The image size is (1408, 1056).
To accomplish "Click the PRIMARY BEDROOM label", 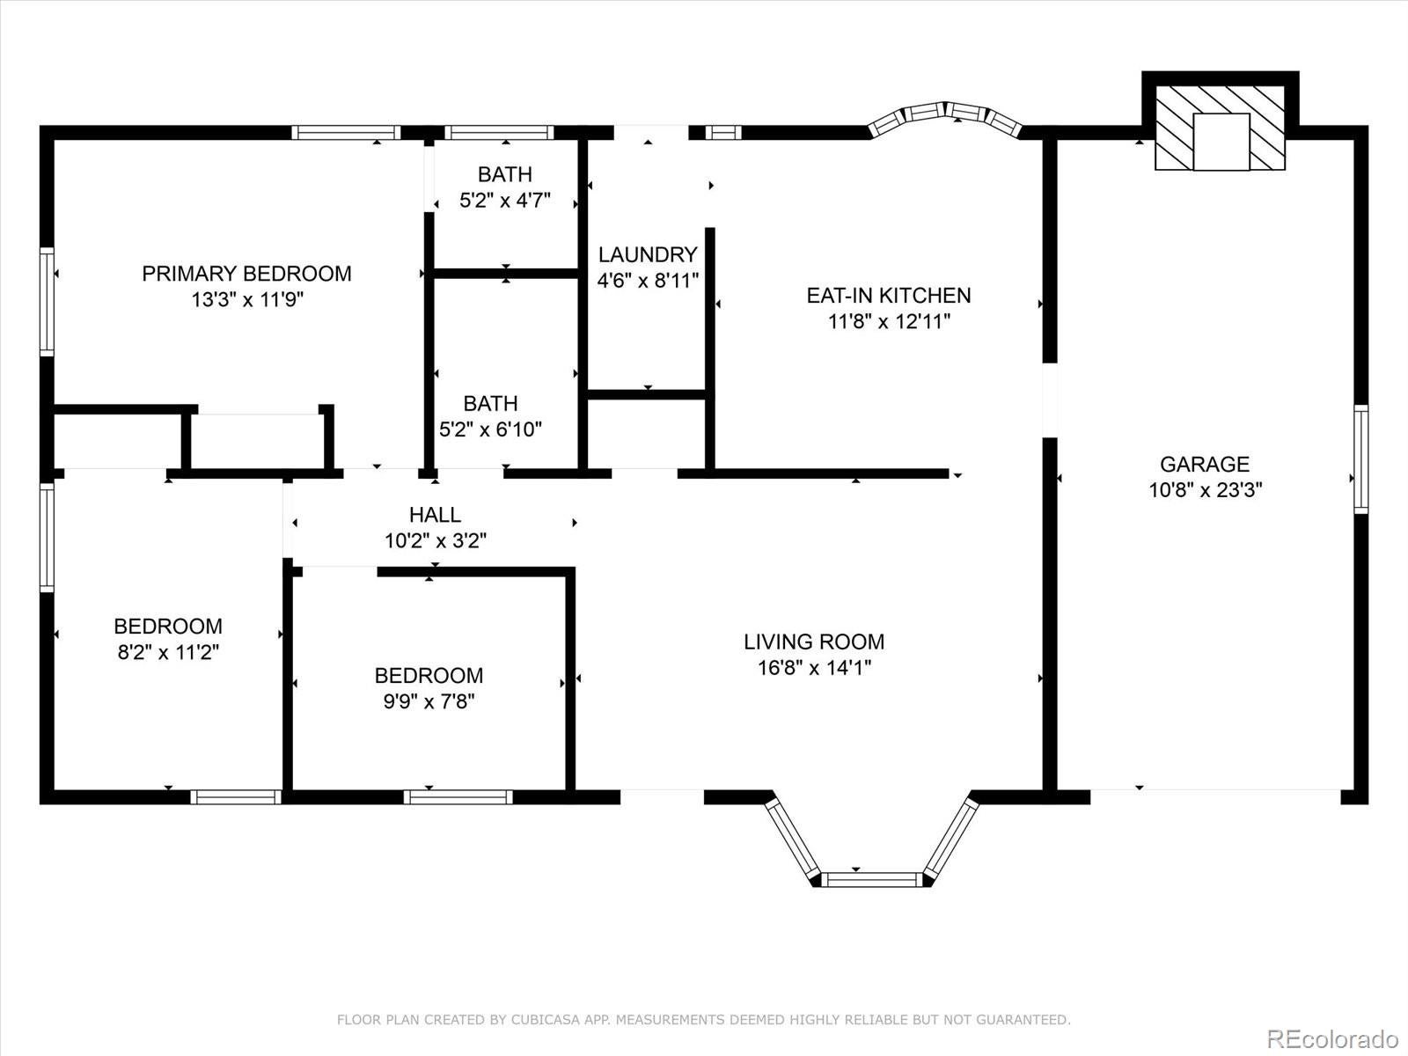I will pyautogui.click(x=246, y=274).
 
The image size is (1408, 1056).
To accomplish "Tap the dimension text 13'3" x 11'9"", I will pyautogui.click(x=246, y=300).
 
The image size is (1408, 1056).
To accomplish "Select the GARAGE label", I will pyautogui.click(x=1204, y=464).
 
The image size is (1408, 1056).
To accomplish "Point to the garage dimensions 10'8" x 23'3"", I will pyautogui.click(x=1205, y=490).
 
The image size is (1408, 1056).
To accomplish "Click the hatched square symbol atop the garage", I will pyautogui.click(x=1221, y=128).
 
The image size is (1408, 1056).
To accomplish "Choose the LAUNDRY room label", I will pyautogui.click(x=648, y=255).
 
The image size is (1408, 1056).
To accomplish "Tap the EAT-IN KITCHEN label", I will pyautogui.click(x=889, y=296).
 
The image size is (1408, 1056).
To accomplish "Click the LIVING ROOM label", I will pyautogui.click(x=814, y=642).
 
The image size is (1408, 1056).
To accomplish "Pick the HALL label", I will pyautogui.click(x=435, y=515).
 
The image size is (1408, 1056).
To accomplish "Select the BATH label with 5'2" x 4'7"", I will pyautogui.click(x=504, y=174).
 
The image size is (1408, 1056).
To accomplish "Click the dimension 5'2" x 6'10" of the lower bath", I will pyautogui.click(x=490, y=430).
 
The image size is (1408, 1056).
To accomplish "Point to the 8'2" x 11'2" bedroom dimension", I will pyautogui.click(x=167, y=653).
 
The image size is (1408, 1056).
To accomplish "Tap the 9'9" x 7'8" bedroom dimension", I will pyautogui.click(x=429, y=702).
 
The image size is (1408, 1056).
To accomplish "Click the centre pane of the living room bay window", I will pyautogui.click(x=871, y=878).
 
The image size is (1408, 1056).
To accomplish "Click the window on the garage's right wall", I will pyautogui.click(x=1360, y=459).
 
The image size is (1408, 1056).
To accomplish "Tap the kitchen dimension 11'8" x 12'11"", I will pyautogui.click(x=889, y=322).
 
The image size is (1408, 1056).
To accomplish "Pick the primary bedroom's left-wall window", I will pyautogui.click(x=48, y=302).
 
